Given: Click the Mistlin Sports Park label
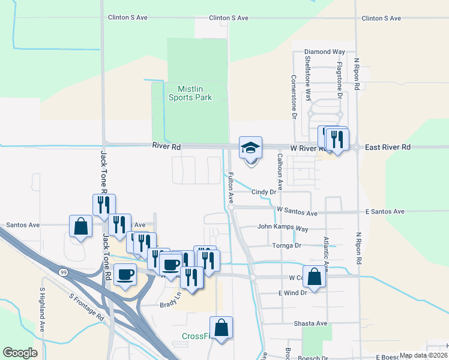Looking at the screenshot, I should pos(190,92).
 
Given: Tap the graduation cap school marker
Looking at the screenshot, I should pos(250,148).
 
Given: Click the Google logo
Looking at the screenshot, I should pos(20,353).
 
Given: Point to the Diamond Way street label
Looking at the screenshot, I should pos(325,52).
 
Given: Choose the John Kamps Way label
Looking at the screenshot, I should pos(282,228).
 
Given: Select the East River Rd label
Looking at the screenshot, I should pos(388,147).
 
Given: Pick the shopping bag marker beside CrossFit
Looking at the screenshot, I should pos(221,328).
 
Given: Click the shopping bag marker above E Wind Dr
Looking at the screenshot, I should pos(314,277).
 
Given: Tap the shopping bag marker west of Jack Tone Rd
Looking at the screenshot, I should pos(80,227).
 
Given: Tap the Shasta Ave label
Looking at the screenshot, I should pos(310,323).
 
